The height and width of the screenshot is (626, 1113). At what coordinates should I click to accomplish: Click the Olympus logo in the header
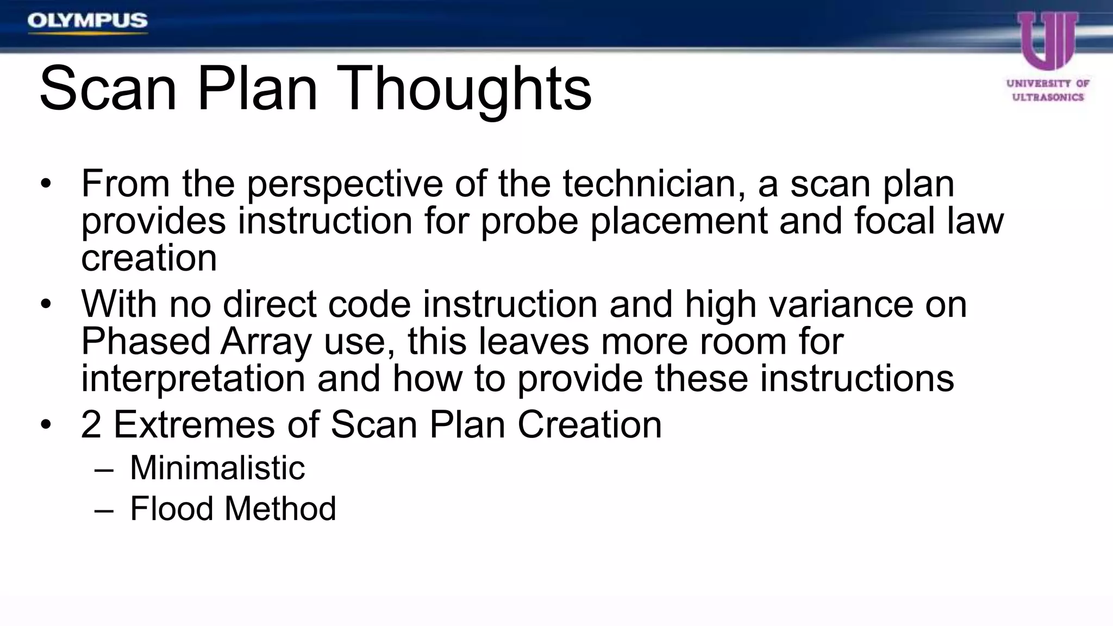[87, 22]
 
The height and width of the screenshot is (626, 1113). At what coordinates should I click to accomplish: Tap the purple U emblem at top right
[1047, 41]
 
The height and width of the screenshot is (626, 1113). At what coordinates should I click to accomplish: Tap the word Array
[266, 342]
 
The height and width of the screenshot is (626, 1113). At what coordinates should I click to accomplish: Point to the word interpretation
[193, 379]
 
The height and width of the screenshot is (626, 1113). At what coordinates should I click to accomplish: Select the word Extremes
[194, 424]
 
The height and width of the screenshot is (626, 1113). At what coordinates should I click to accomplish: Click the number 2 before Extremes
[91, 424]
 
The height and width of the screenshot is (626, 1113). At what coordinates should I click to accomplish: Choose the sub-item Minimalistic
[217, 468]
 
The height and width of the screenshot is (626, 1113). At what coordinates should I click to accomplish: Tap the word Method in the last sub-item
[280, 509]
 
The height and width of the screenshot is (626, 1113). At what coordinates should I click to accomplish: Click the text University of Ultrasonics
[1048, 90]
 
